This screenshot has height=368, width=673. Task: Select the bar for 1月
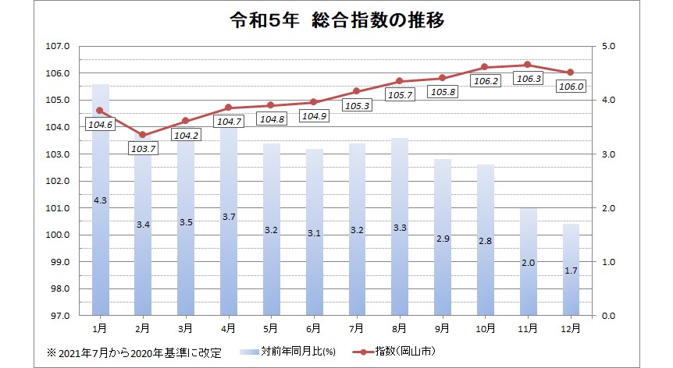[100, 234]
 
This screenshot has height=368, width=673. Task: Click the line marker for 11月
[527, 65]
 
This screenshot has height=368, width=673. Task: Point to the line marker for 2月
[142, 135]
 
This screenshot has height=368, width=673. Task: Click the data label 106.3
[527, 79]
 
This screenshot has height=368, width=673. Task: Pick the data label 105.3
[356, 105]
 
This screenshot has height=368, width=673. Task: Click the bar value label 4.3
[100, 201]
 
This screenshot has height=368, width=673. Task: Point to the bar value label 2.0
[528, 263]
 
